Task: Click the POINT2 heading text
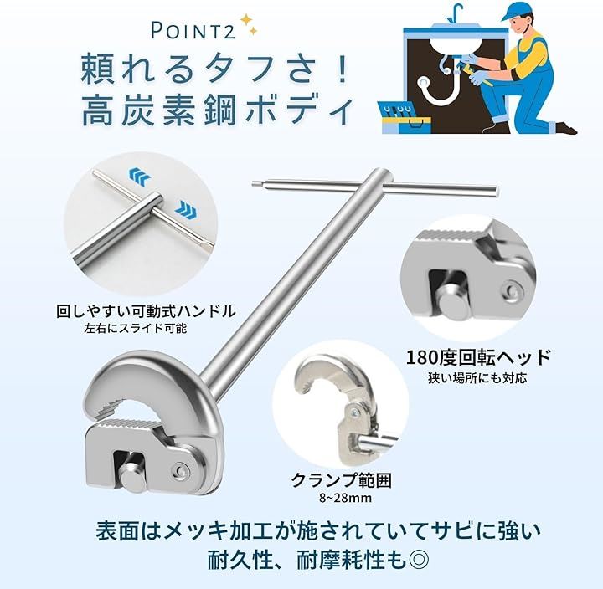point(193,30)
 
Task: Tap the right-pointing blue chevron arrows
point(186,208)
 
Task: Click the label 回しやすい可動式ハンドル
point(146,311)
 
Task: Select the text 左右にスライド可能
point(136,329)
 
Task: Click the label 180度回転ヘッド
point(478,357)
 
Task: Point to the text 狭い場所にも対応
point(477,378)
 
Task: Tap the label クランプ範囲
point(342,480)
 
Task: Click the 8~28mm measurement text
point(345,499)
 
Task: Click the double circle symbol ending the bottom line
point(417,561)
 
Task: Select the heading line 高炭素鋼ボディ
point(217,111)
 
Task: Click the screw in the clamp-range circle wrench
point(354,412)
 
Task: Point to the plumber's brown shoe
point(566,128)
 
